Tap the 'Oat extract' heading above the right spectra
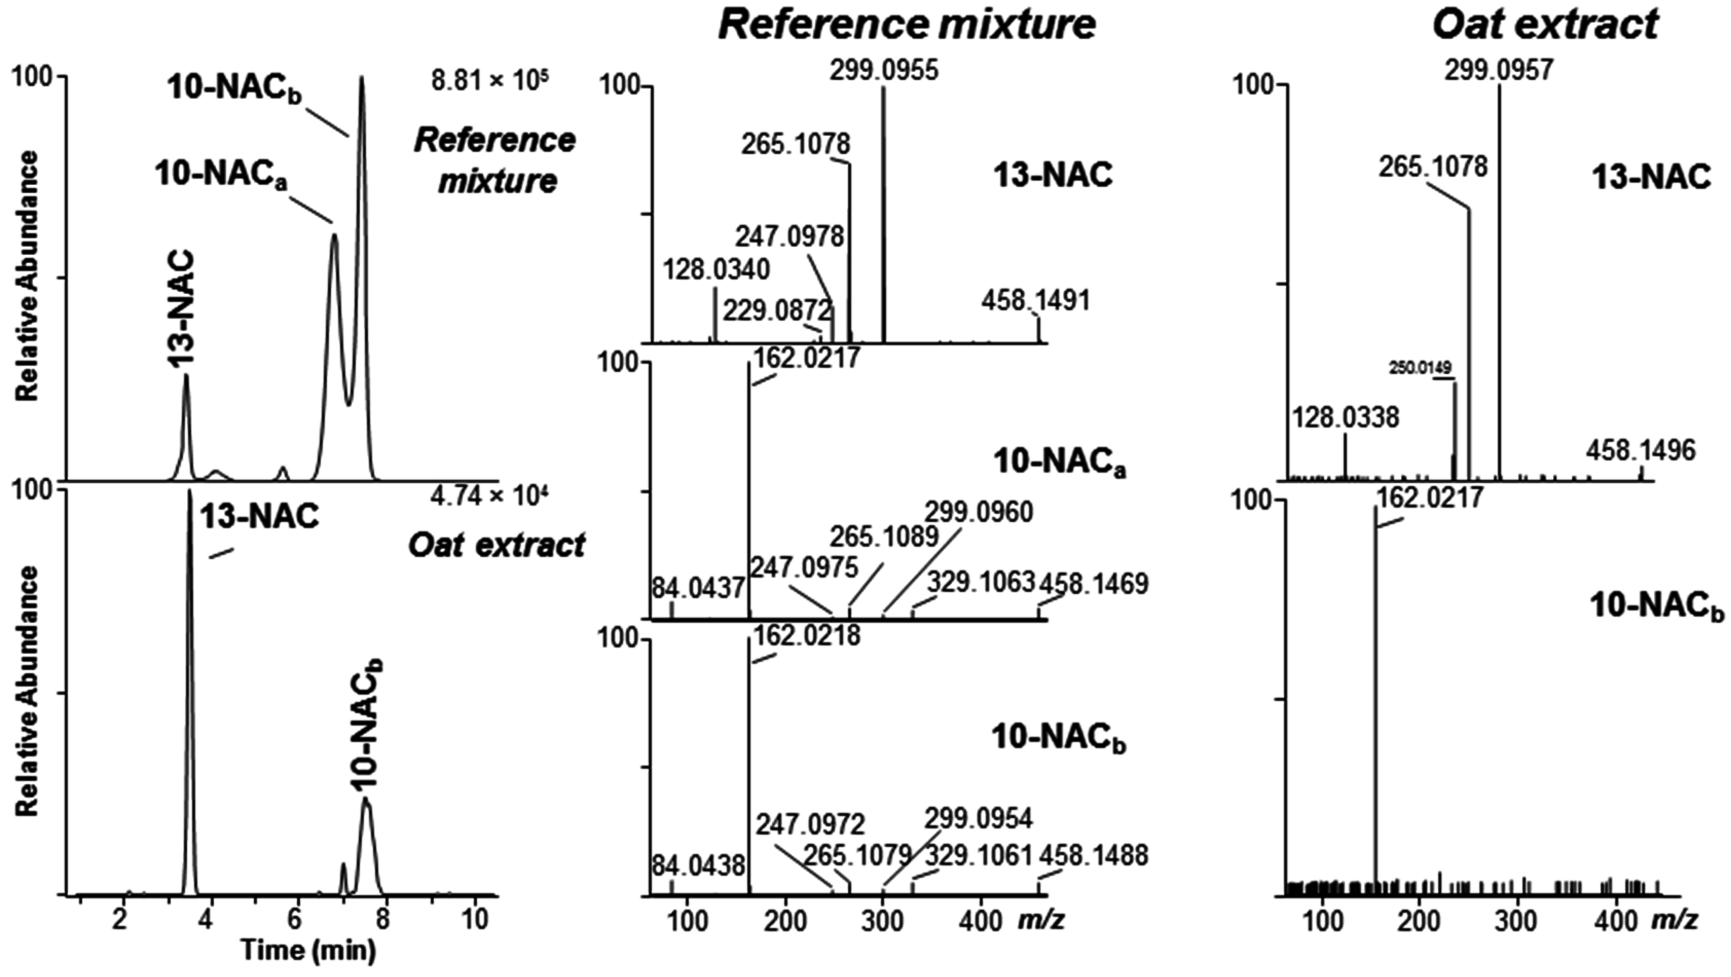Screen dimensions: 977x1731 point(1545,26)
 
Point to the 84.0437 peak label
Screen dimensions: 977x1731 point(698,588)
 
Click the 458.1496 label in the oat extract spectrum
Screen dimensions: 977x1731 point(1640,450)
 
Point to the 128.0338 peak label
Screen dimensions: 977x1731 point(1346,418)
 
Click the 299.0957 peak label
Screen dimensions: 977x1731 point(1499,70)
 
